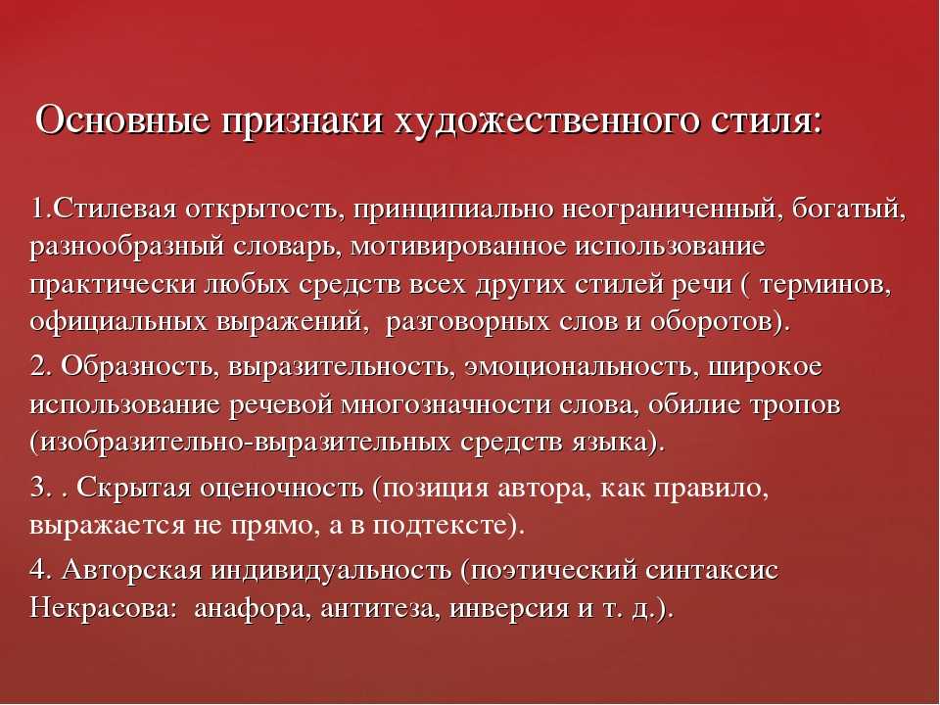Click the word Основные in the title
[123, 119]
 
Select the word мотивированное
[458, 248]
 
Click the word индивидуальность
[331, 571]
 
